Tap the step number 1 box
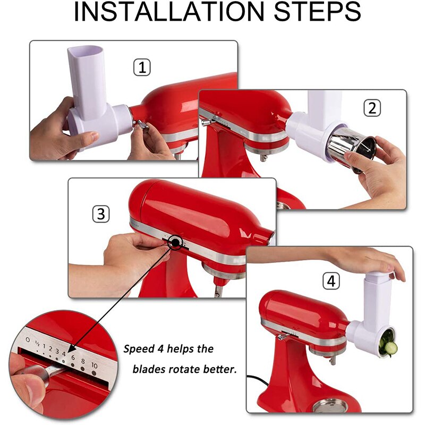[141, 67]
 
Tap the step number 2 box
[372, 108]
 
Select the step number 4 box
[331, 282]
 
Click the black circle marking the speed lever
[174, 243]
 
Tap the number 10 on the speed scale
[94, 365]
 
